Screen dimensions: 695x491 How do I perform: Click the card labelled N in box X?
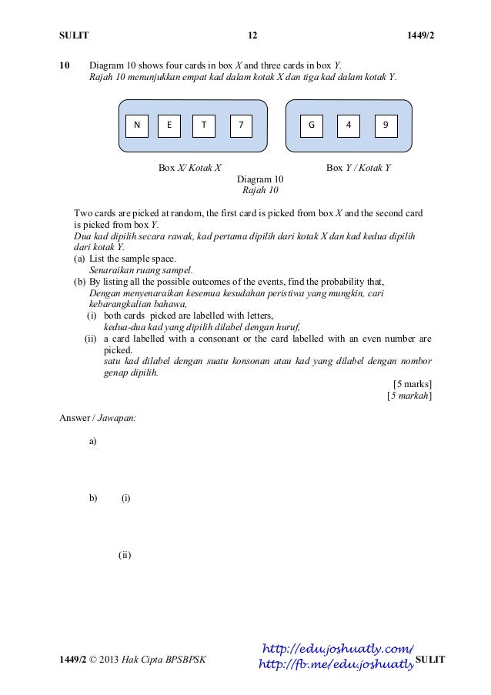pos(137,125)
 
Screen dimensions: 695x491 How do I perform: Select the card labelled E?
pos(169,125)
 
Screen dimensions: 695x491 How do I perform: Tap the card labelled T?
pos(203,125)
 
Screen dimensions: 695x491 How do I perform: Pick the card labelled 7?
pos(241,125)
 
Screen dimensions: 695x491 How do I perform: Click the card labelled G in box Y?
pos(312,125)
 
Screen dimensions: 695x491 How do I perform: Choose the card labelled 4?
pos(349,125)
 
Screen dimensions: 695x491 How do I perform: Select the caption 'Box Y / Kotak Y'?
pos(359,167)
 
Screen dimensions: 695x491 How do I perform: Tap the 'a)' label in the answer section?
pos(93,441)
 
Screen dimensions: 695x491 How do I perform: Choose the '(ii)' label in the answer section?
pos(125,554)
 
